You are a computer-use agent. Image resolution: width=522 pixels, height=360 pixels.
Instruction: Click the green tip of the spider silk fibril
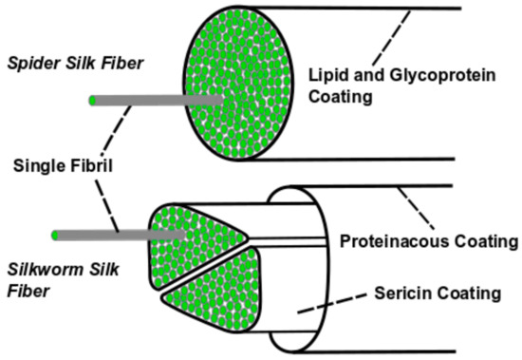point(91,100)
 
